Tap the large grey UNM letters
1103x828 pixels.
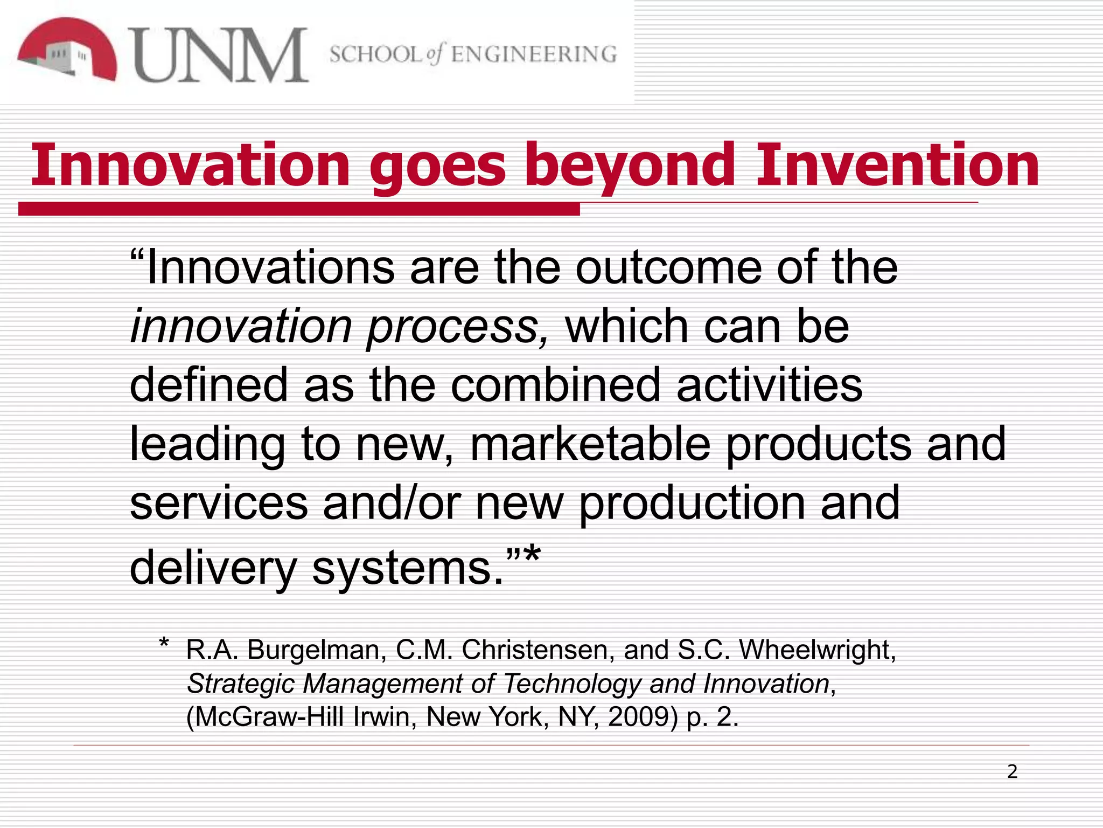point(219,56)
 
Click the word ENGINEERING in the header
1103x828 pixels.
point(534,54)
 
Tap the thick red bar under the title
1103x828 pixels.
point(299,209)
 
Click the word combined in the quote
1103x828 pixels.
point(555,385)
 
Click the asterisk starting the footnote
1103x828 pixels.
point(164,644)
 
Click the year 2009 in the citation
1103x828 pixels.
point(643,717)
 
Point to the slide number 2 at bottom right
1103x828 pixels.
point(1013,772)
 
